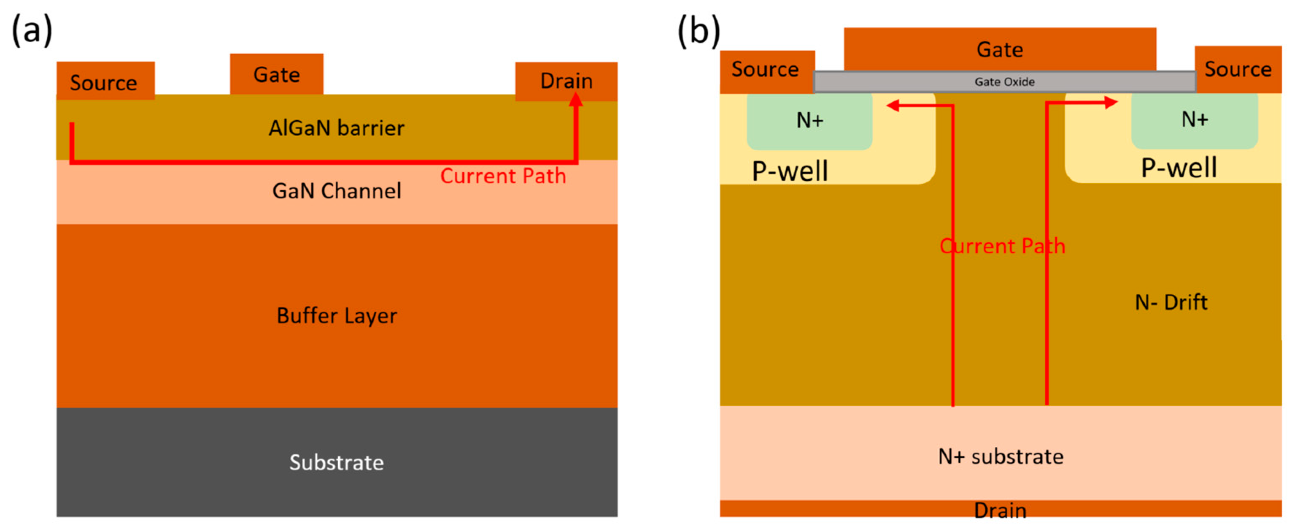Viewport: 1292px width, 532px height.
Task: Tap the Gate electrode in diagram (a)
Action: [x=276, y=74]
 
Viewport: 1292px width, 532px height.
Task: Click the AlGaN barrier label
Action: [x=336, y=128]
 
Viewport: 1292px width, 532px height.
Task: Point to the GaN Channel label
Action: [x=336, y=191]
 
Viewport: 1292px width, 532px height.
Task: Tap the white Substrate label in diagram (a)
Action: [x=336, y=462]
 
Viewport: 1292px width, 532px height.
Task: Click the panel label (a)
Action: [x=32, y=30]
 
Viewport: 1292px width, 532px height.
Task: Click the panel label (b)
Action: [x=698, y=30]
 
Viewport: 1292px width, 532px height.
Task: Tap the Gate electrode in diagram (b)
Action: [x=1000, y=49]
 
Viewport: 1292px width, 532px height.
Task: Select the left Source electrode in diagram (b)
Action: [x=765, y=70]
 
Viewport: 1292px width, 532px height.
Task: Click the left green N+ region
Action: [x=809, y=121]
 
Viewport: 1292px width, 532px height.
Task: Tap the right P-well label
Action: [x=1179, y=168]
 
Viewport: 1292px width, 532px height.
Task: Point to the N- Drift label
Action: [x=1171, y=302]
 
